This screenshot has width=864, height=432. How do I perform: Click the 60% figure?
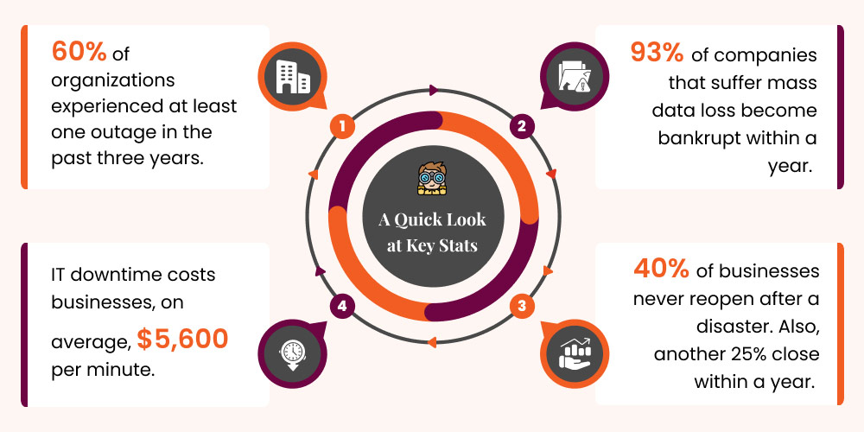(79, 53)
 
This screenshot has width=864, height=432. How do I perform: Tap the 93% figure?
(658, 53)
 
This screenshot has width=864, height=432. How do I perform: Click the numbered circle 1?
(343, 127)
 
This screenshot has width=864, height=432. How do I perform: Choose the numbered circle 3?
(521, 304)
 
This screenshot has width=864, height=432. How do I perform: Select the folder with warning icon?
(573, 76)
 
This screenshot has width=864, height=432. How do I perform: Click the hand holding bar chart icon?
(573, 354)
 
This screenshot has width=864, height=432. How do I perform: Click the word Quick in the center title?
(426, 219)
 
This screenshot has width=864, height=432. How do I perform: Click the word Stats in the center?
(454, 245)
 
